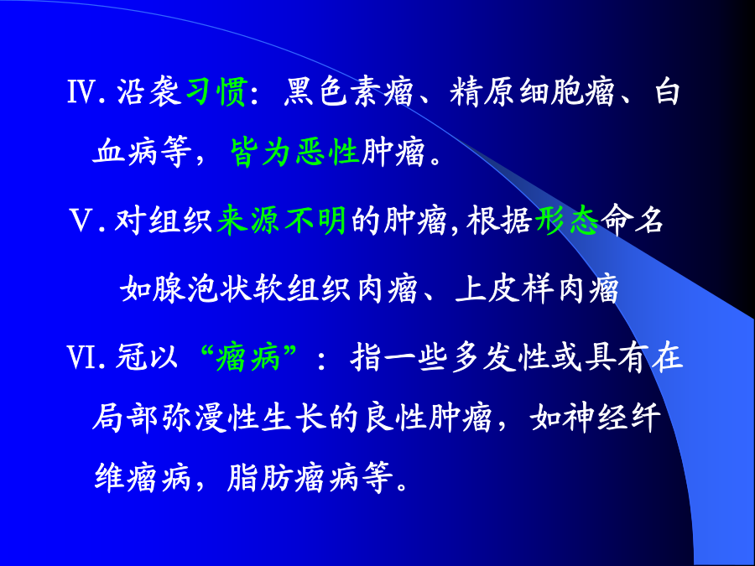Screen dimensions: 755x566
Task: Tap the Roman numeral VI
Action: pyautogui.click(x=81, y=357)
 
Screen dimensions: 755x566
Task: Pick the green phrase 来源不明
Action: pyautogui.click(x=282, y=221)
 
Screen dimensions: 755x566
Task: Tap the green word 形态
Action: pyautogui.click(x=567, y=221)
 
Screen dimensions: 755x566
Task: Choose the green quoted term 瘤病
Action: pyautogui.click(x=248, y=357)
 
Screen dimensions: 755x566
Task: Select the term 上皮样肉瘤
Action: pyautogui.click(x=536, y=289)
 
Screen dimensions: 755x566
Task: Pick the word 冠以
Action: pyautogui.click(x=147, y=357)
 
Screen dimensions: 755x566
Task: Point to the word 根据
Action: pyautogui.click(x=500, y=221)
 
